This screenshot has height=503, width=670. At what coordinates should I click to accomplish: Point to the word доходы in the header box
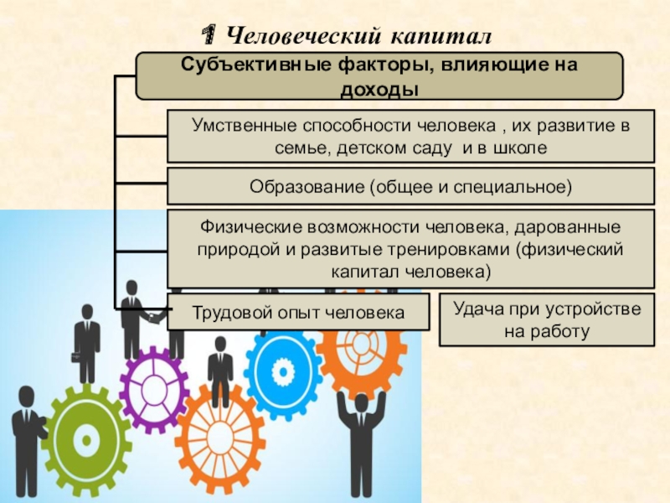click(x=379, y=88)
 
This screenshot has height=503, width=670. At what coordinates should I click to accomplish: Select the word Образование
click(x=301, y=185)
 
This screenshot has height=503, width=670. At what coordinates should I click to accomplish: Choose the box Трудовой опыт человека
click(x=298, y=313)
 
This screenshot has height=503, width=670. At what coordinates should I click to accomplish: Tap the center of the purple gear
click(x=153, y=388)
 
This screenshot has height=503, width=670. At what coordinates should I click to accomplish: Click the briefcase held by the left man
click(x=76, y=356)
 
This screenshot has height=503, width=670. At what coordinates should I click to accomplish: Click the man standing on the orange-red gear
click(x=220, y=371)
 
